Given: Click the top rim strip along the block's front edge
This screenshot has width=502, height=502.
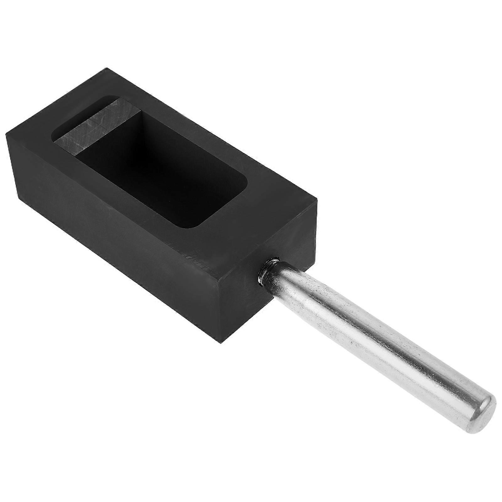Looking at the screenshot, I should (x=125, y=201).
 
